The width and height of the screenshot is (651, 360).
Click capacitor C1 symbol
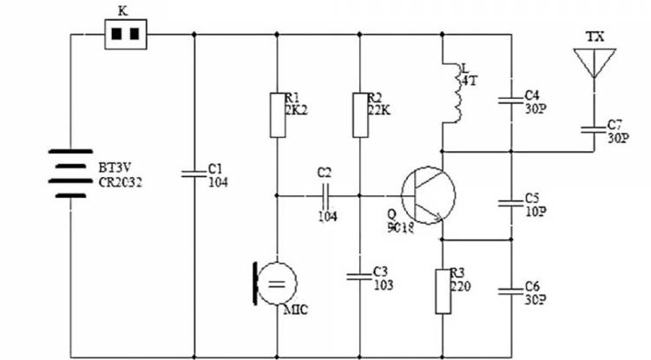click(x=193, y=173)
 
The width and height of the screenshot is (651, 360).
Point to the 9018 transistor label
click(x=402, y=228)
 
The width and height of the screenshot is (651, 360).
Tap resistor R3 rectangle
click(x=443, y=290)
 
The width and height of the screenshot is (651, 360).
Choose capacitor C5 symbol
click(x=510, y=204)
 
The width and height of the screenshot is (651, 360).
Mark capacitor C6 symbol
click(x=510, y=290)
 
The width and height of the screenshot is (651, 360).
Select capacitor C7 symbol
click(x=595, y=130)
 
